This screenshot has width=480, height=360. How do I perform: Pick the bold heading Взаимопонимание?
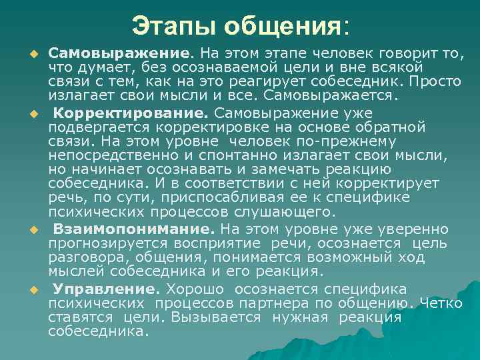click(135, 229)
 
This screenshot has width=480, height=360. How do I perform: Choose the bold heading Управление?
click(107, 289)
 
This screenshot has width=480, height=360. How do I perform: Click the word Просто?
click(435, 81)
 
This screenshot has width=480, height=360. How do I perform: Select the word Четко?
click(441, 303)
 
